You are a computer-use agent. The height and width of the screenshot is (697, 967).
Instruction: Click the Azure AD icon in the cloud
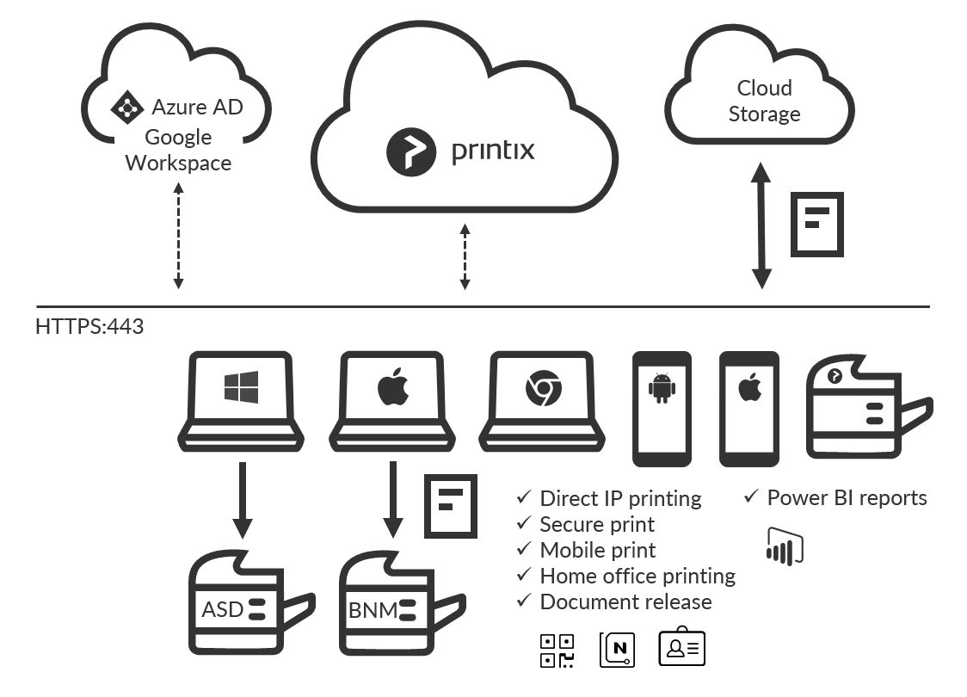[x=126, y=108]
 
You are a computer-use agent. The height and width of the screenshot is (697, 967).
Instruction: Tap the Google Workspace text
[x=178, y=150]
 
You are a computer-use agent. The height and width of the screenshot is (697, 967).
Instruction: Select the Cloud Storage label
[x=764, y=101]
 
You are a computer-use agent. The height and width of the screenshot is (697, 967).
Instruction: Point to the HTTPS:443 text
[x=89, y=327]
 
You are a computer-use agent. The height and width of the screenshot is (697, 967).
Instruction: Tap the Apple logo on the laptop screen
[x=393, y=388]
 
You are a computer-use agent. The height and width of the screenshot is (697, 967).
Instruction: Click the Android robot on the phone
[x=661, y=390]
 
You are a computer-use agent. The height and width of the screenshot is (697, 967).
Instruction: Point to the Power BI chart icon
[x=784, y=544]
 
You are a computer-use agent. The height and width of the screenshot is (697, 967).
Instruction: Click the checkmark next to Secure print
[x=523, y=523]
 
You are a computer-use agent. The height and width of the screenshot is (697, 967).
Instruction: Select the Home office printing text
[x=637, y=576]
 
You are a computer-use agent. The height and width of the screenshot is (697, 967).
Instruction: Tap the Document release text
[x=625, y=601]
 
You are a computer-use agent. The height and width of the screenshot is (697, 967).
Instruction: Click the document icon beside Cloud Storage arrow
[x=816, y=224]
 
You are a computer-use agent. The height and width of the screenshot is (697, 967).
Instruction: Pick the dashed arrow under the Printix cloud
[x=465, y=256]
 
